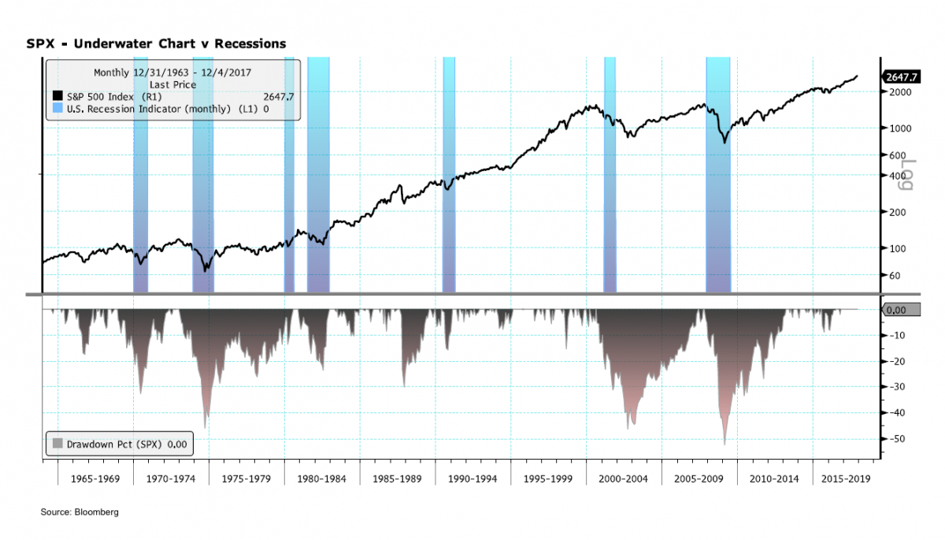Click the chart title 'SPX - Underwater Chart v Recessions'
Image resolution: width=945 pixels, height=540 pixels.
(157, 43)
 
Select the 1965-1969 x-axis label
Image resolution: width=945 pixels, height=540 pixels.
(94, 479)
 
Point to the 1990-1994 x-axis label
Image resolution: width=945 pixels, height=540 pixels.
(472, 479)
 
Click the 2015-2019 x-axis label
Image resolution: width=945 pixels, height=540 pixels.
(846, 479)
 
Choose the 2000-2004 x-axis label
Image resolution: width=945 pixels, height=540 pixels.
(624, 479)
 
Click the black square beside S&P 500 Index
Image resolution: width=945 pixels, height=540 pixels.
(57, 97)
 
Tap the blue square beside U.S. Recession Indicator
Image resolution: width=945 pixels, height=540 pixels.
(57, 109)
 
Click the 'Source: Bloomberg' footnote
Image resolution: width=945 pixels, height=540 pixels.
(80, 512)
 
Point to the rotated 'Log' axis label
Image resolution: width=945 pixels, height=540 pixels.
(906, 175)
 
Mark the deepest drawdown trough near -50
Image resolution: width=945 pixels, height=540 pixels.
(724, 444)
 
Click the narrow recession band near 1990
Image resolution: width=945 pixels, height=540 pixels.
(449, 173)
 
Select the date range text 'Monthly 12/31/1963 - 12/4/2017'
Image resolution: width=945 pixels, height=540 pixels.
(172, 73)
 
